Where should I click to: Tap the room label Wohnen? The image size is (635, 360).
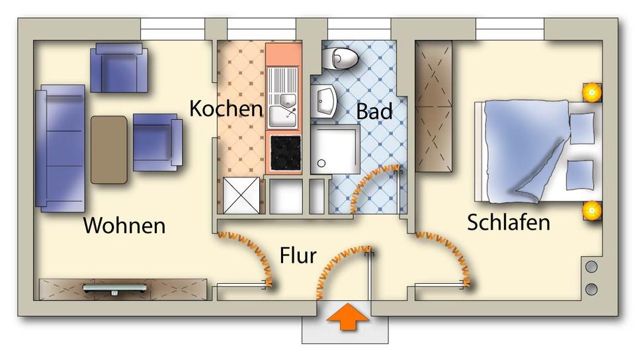[x=124, y=225]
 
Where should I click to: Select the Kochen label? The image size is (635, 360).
[x=226, y=109]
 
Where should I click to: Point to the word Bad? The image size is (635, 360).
[x=374, y=111]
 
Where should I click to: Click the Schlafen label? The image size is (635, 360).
[x=508, y=222]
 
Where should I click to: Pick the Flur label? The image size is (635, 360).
[x=298, y=255]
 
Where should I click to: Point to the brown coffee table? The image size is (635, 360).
[x=108, y=150]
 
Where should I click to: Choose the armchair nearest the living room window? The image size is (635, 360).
[x=120, y=67]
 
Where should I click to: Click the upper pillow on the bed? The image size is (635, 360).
[x=582, y=127]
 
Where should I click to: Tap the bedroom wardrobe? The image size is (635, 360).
[x=433, y=106]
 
